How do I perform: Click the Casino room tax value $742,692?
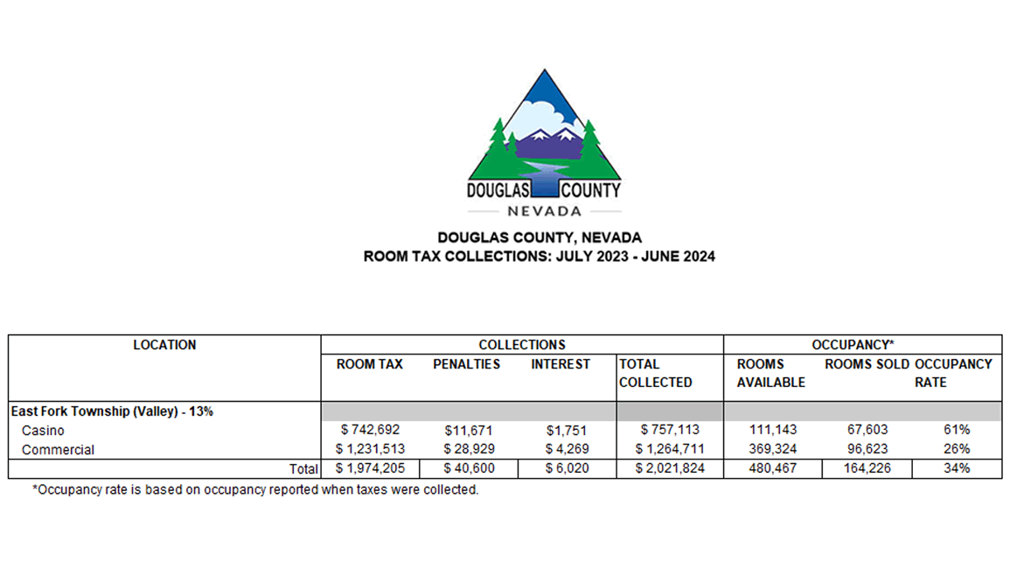coord(369,430)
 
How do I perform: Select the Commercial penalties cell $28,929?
coord(467,449)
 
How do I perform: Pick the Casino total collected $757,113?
coord(670,430)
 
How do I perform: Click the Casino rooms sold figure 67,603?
coord(866,430)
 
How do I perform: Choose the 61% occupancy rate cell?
coord(957,430)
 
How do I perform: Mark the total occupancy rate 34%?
coord(957,468)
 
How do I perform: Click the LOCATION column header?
coord(164,345)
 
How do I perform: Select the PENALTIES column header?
coord(467,364)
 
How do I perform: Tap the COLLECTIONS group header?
coord(522,345)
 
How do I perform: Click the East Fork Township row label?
coord(112,411)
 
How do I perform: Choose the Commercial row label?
coord(59,449)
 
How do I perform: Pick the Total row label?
coord(303,469)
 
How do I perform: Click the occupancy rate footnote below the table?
coord(255,489)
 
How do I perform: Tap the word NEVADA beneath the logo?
coord(544,211)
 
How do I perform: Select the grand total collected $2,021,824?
coord(670,468)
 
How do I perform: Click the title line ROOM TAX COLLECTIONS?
coord(540,256)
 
